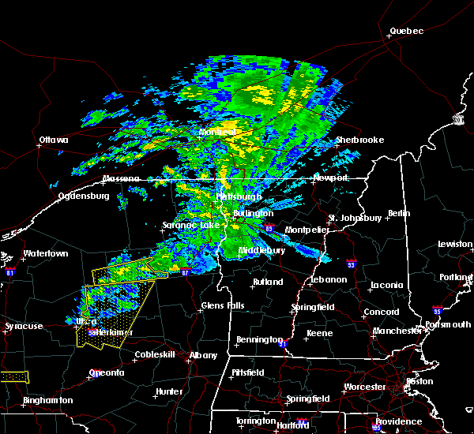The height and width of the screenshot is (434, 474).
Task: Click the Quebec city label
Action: tap(407, 32)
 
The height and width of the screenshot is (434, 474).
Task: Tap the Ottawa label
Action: tap(54, 141)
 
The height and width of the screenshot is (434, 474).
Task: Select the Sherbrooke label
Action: tap(359, 140)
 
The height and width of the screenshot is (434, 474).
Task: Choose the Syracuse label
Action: tap(23, 326)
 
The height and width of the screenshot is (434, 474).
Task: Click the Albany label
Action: tap(203, 355)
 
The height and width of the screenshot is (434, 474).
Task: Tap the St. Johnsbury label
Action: tap(355, 217)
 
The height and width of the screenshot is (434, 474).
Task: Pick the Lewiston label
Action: tap(455, 245)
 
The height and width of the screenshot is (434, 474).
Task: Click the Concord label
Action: tap(381, 312)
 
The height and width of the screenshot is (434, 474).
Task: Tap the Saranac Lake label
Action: tap(190, 225)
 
